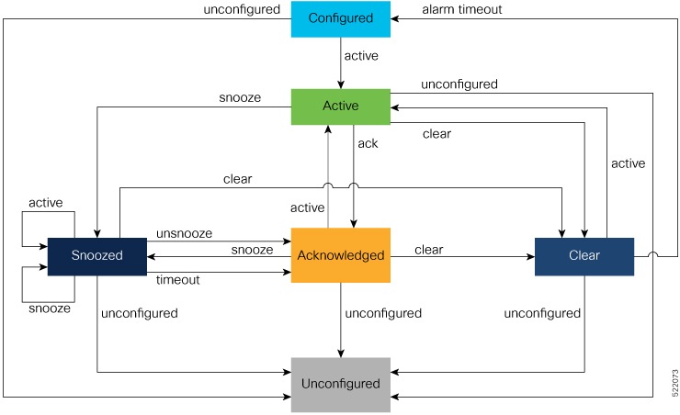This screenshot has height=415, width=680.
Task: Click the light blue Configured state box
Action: point(341,18)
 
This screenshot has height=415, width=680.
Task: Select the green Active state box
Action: point(341,107)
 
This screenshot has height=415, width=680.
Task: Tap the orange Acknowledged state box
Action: point(341,255)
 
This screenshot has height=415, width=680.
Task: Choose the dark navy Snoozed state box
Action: point(96,255)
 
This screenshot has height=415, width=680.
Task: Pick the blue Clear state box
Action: point(584,255)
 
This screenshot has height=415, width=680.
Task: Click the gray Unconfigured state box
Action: point(341,383)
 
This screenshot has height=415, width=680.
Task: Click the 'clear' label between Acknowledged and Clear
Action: point(429,249)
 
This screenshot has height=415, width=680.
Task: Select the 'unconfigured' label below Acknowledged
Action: point(382,313)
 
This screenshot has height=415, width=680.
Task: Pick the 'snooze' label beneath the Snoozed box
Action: point(51,308)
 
